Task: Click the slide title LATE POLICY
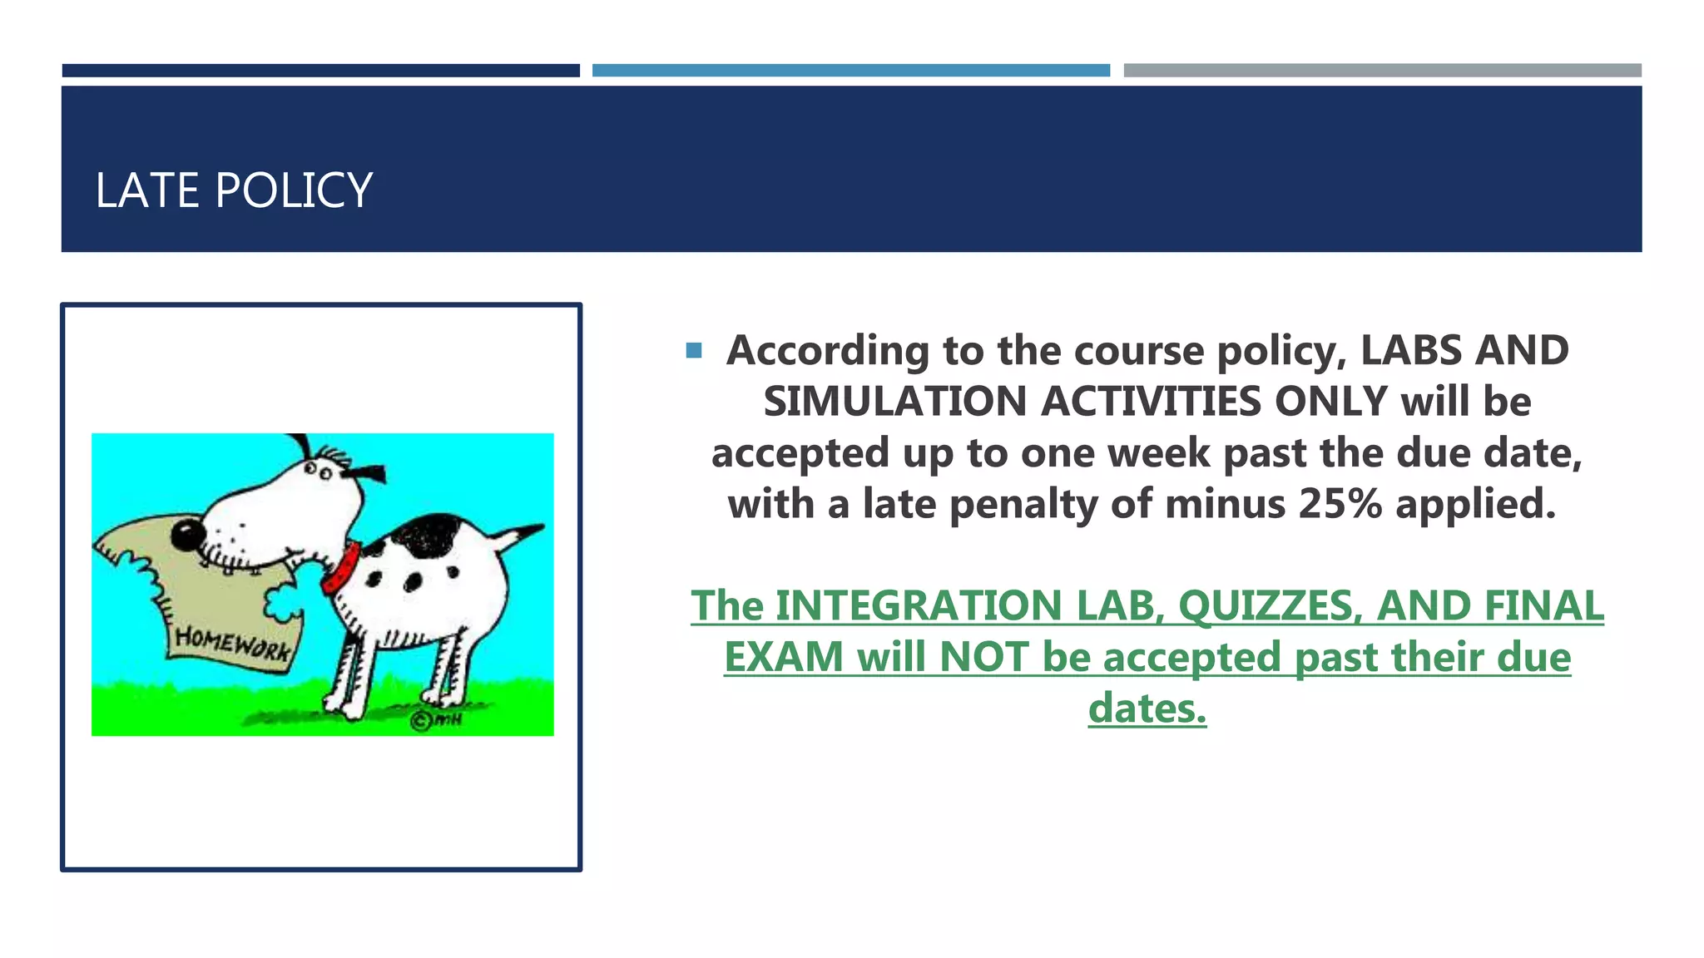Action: (234, 190)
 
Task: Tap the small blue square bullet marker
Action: (694, 351)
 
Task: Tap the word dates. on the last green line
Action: (1147, 709)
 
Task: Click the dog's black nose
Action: (188, 535)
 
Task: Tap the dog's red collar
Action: (341, 567)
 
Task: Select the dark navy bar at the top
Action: (320, 71)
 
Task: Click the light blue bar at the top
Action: (850, 71)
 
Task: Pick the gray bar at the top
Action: (1382, 71)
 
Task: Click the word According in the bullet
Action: (827, 351)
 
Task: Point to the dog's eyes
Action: (318, 472)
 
